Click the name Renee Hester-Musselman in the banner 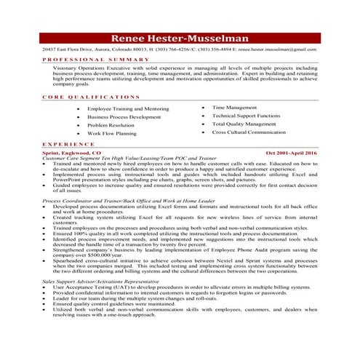coord(180,39)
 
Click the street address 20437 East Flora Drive coord(69,49)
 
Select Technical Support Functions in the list coord(246,116)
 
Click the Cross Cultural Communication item coord(249,132)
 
